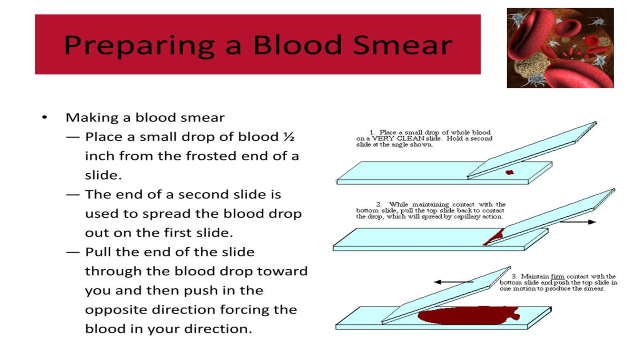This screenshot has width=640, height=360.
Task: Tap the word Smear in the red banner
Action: [402, 45]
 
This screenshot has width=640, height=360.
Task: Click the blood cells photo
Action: [560, 48]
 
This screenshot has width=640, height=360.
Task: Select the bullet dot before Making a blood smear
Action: [44, 118]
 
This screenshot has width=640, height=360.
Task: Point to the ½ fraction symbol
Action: [289, 137]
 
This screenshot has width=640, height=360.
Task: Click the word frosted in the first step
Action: [211, 156]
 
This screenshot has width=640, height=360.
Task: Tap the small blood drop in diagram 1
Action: [510, 172]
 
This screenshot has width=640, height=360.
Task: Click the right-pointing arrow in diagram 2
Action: [578, 222]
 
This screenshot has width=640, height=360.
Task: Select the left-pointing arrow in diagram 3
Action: [454, 282]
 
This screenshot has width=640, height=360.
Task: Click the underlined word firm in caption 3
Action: [558, 276]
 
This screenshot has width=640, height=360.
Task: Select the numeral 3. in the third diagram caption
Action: [514, 276]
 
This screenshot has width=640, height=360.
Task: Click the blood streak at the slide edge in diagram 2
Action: [493, 237]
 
